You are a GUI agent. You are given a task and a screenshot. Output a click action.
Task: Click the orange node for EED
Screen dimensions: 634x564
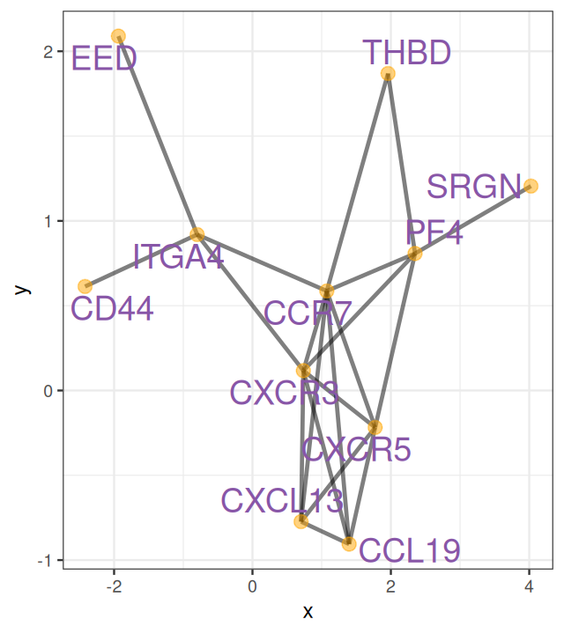tap(118, 36)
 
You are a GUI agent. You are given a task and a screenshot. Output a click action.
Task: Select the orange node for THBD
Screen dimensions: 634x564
tap(388, 74)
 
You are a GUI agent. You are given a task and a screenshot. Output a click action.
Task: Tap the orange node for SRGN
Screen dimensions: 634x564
tap(531, 186)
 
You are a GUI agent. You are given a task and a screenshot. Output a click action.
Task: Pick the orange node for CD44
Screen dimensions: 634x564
tap(85, 286)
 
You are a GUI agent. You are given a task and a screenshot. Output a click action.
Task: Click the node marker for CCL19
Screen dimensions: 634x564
tap(349, 543)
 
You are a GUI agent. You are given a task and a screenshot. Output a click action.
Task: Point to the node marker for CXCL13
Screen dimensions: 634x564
tap(301, 521)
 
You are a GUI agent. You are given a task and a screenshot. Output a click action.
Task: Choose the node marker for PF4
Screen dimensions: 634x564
tap(415, 254)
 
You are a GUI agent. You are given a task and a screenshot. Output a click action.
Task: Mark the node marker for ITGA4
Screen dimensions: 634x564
tap(197, 234)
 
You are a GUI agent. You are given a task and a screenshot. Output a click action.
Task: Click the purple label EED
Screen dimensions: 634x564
tap(104, 59)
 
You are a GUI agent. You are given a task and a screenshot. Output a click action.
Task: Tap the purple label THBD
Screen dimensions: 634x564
tap(407, 53)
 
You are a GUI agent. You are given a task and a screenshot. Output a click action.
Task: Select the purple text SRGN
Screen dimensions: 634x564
tap(474, 187)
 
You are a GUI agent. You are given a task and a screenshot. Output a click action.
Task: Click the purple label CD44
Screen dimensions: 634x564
tap(112, 308)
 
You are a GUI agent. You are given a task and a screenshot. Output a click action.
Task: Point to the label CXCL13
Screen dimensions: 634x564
tap(282, 500)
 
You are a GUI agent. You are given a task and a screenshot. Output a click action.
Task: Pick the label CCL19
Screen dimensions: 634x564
tap(410, 551)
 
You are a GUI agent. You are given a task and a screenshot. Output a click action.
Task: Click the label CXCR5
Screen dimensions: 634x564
tap(356, 450)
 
